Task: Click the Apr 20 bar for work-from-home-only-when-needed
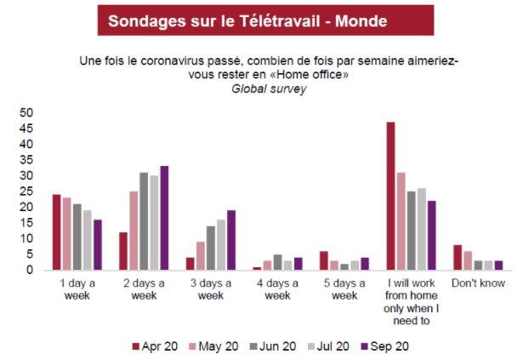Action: coord(390,197)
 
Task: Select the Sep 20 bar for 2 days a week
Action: coord(164,218)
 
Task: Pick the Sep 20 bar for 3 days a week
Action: coord(231,240)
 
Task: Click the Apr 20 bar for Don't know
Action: coord(458,258)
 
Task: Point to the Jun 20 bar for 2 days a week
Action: coord(144,221)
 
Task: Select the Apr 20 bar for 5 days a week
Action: coord(324,261)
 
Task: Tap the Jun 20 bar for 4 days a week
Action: coord(277,262)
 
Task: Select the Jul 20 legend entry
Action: coord(328,346)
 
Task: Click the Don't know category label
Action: coord(478,283)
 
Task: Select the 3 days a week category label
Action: coord(210,289)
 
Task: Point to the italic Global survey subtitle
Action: coord(269,89)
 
